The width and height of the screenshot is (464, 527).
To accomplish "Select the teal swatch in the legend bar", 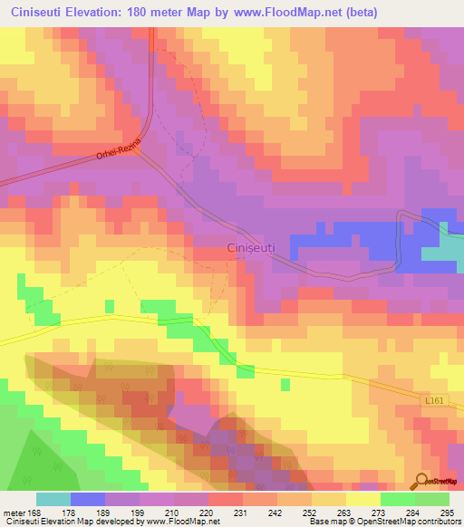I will pos(53,499).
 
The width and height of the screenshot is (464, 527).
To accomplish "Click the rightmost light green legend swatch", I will pos(432,499).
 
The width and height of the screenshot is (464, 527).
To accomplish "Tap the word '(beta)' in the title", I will pos(357,13).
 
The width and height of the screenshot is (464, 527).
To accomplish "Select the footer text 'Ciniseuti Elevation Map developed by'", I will pos(61,522).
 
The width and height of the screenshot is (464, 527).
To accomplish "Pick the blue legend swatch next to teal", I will pos(88,499).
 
